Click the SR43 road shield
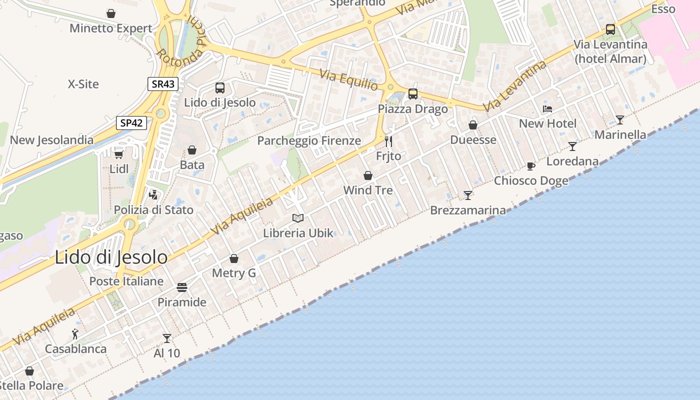pos(163,84)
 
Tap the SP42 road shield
pos(131,122)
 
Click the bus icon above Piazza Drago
pos(413,93)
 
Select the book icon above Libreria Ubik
pos(298,218)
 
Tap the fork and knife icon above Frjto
pos(388,141)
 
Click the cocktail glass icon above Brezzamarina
pos(468,195)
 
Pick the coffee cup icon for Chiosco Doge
pos(531,166)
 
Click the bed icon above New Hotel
pos(547,108)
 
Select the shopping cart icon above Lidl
pos(118,153)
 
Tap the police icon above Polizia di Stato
pos(153,194)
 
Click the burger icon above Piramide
pos(182,287)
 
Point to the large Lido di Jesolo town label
pos(111,257)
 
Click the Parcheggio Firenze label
pos(309,140)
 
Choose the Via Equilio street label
pos(349,80)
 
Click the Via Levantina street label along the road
pos(515,86)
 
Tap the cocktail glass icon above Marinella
pos(620,119)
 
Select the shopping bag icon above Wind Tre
pos(368,175)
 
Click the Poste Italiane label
pos(126,281)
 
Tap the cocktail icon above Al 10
pos(167,338)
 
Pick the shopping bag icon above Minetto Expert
pos(111,13)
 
